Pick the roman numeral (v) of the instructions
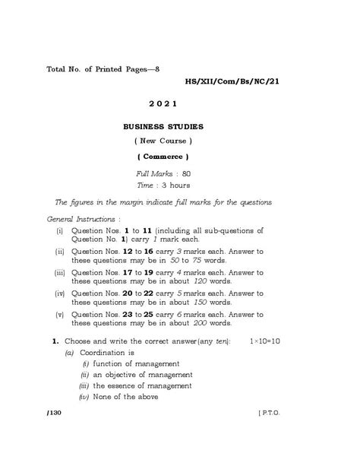(59, 314)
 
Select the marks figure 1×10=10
(264, 341)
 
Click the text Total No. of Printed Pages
(99, 68)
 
